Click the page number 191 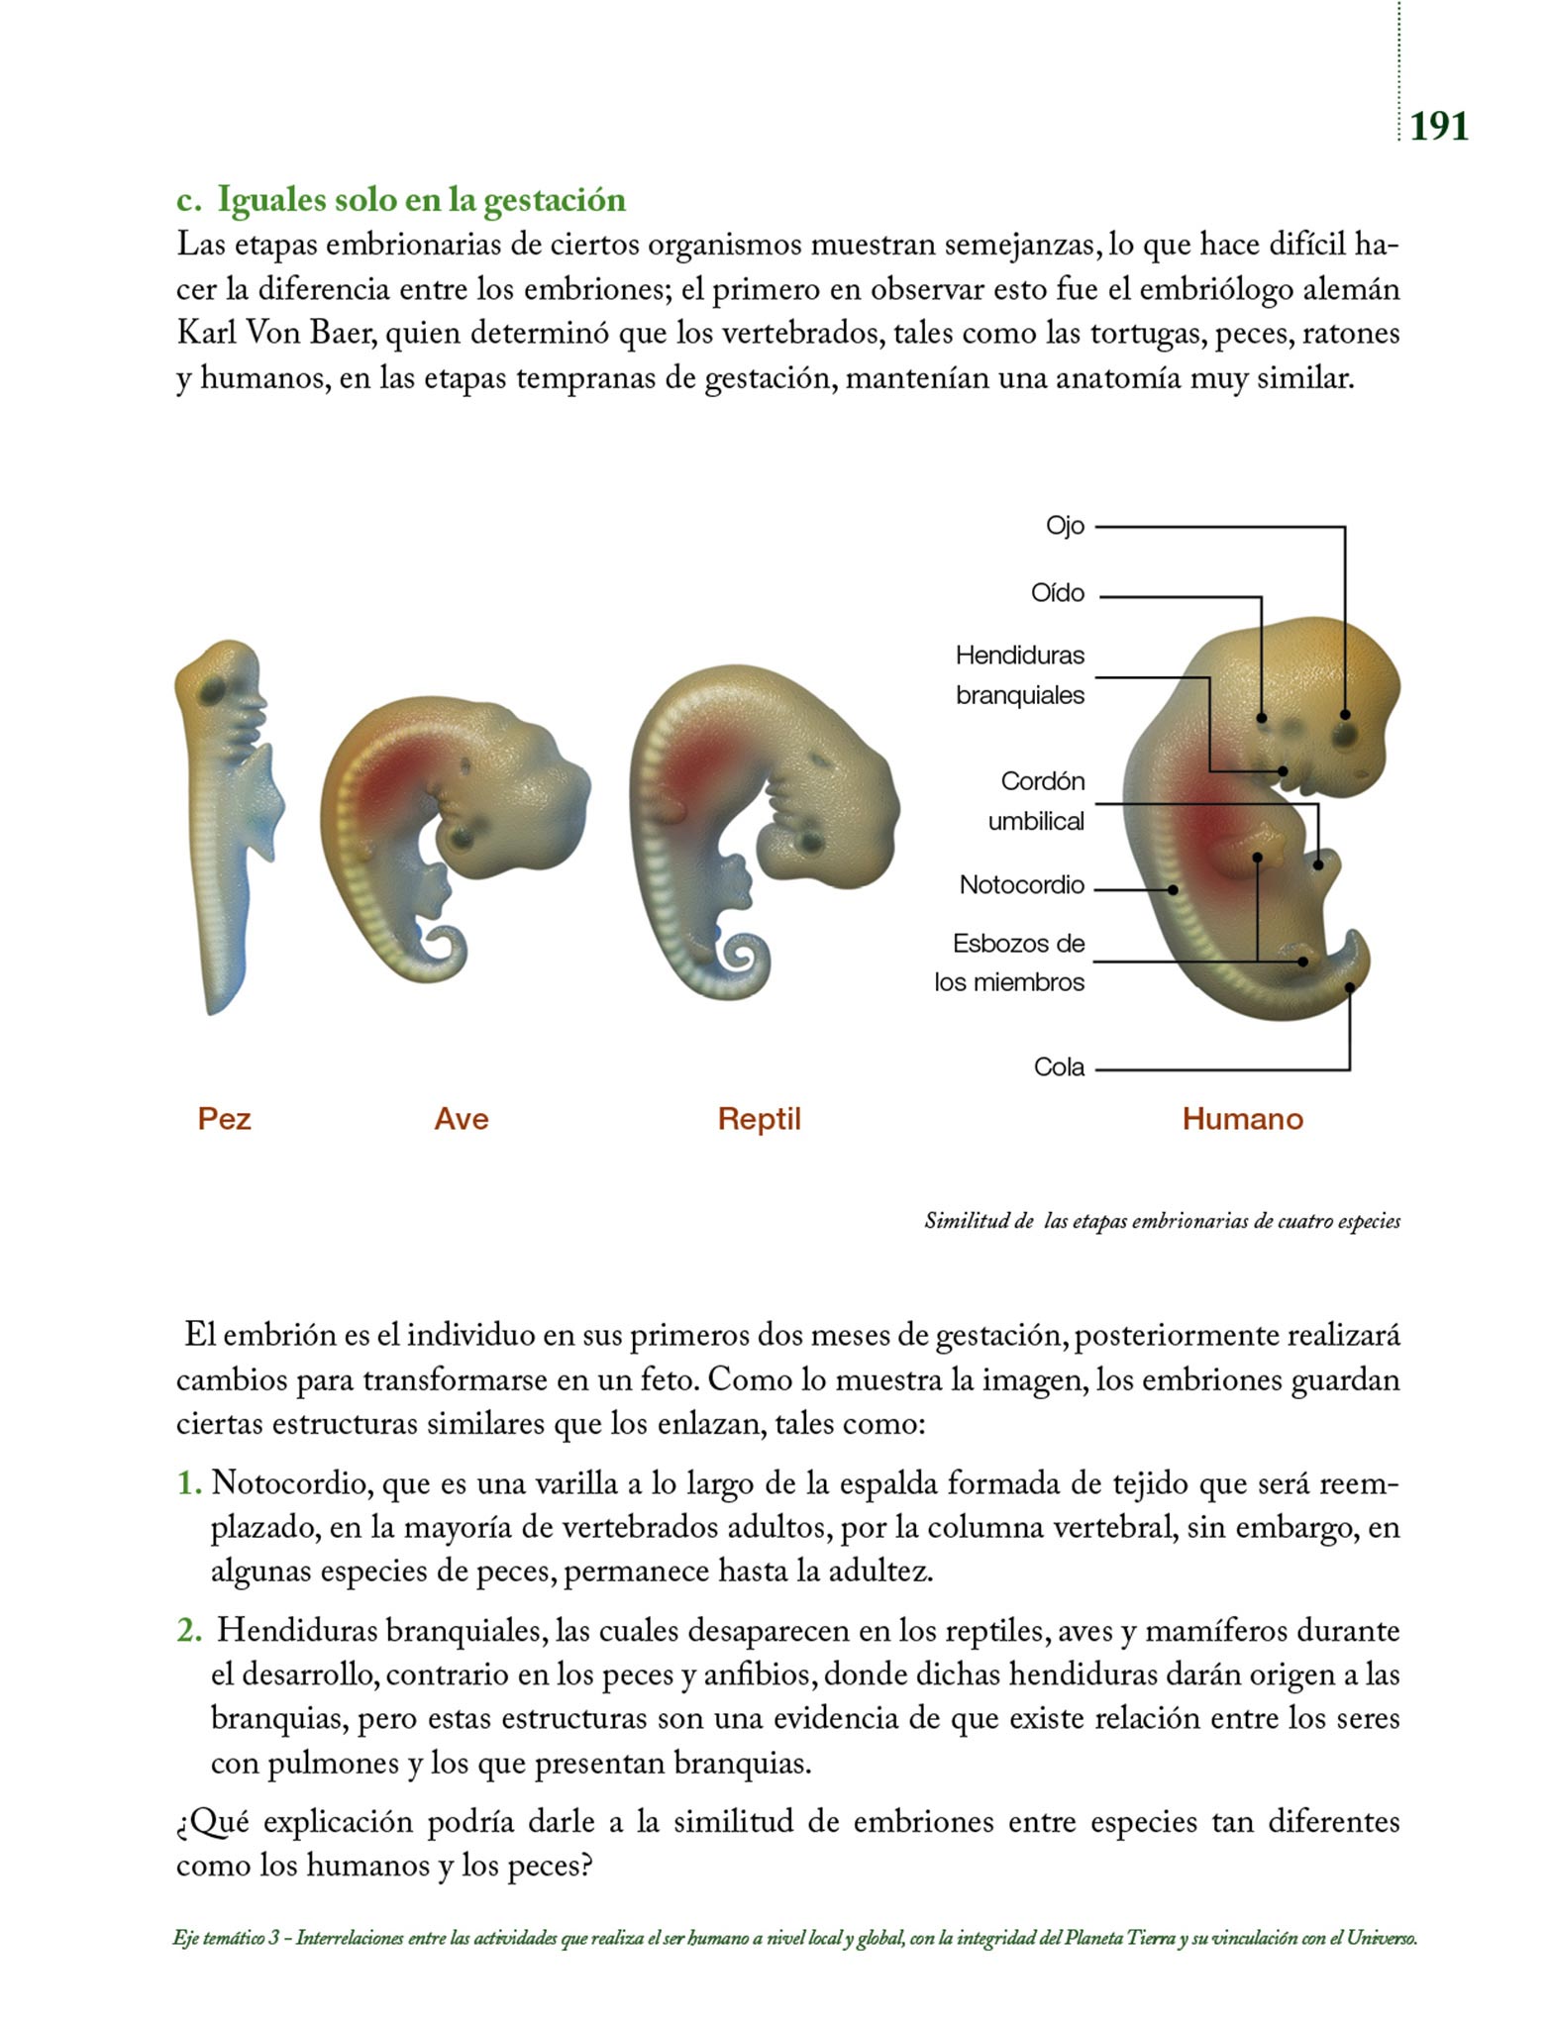pyautogui.click(x=1439, y=127)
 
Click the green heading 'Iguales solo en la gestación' pyautogui.click(x=421, y=200)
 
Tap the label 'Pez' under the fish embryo pyautogui.click(x=224, y=1119)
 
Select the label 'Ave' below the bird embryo pyautogui.click(x=462, y=1119)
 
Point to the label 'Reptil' pyautogui.click(x=759, y=1119)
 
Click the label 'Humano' pyautogui.click(x=1242, y=1119)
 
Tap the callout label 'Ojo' pyautogui.click(x=1065, y=526)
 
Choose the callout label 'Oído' pyautogui.click(x=1057, y=593)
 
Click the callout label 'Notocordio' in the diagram pyautogui.click(x=1021, y=885)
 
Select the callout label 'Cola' pyautogui.click(x=1059, y=1067)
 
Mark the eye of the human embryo pyautogui.click(x=1344, y=734)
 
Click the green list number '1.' pyautogui.click(x=189, y=1483)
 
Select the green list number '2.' pyautogui.click(x=189, y=1630)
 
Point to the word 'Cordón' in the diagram pyautogui.click(x=1042, y=781)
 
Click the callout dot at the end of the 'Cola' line pyautogui.click(x=1349, y=987)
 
